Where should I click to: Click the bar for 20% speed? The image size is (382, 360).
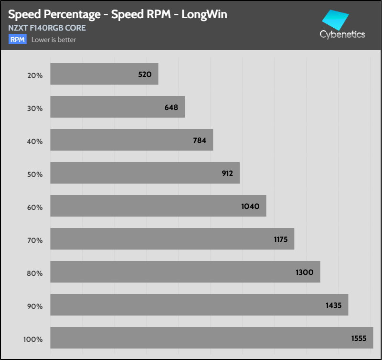(x=104, y=74)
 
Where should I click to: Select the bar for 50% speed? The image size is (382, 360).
(x=145, y=173)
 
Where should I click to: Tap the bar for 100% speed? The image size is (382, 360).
(x=212, y=338)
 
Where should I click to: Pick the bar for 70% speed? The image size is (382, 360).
(x=172, y=239)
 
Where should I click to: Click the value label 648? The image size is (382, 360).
(x=171, y=107)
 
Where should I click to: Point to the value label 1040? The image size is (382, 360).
(x=250, y=206)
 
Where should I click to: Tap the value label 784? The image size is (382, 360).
(x=200, y=140)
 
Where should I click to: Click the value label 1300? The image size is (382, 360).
(x=304, y=272)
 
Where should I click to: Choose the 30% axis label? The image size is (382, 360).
(x=35, y=108)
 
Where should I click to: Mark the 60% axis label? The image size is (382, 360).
(x=35, y=207)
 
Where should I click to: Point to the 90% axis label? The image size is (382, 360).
(x=35, y=306)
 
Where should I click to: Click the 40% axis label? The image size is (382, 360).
(x=35, y=141)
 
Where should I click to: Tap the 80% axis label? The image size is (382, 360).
(x=35, y=273)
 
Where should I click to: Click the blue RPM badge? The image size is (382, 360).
(x=17, y=40)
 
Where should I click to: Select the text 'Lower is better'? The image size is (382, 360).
(x=53, y=40)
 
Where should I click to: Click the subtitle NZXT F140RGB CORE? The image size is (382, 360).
(x=47, y=28)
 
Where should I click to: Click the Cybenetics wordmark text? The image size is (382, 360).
(x=342, y=34)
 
